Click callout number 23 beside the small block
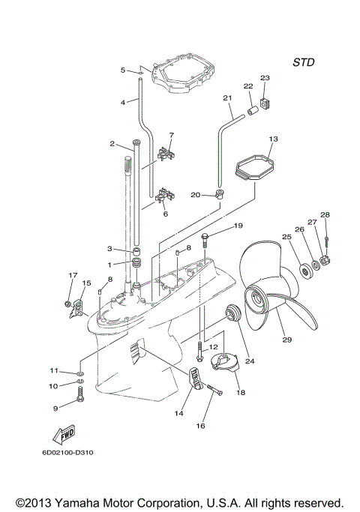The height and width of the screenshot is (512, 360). tap(265, 78)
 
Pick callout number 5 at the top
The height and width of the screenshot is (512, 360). tap(123, 70)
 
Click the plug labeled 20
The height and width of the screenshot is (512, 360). tap(219, 196)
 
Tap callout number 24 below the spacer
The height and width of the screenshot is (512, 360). tap(250, 361)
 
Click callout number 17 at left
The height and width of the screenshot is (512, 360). tap(73, 275)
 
